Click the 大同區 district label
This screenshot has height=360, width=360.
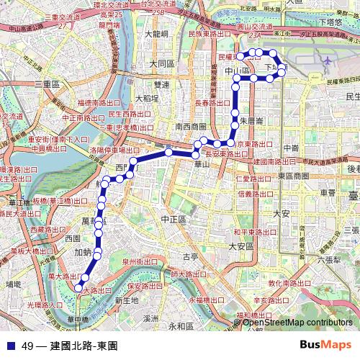(162, 63)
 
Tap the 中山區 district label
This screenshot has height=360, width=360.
(237, 72)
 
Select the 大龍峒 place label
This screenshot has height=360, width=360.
(156, 33)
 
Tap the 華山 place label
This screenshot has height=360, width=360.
(202, 165)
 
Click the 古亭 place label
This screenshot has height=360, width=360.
(191, 256)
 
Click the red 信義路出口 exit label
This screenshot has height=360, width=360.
(257, 193)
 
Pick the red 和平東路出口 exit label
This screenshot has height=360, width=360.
(256, 232)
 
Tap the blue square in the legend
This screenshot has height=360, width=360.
(11, 346)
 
